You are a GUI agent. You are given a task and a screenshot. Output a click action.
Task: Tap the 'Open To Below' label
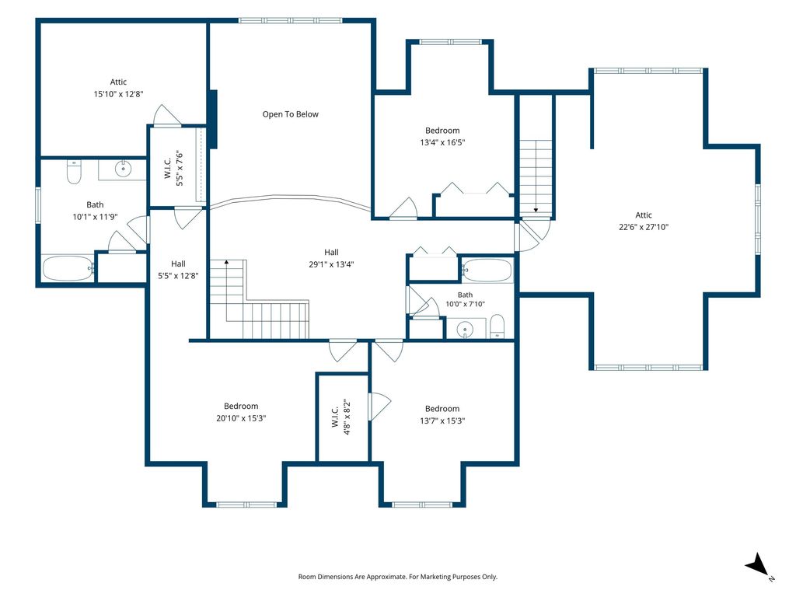291,114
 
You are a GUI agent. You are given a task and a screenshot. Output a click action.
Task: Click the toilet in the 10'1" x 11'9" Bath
74,172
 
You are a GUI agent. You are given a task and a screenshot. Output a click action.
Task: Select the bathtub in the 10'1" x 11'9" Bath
68,268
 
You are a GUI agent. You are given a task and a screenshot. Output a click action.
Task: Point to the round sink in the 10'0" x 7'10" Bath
465,330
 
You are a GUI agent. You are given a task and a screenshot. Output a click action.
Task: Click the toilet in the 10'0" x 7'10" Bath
497,326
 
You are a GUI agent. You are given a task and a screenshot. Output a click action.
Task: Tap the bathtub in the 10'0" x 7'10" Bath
487,271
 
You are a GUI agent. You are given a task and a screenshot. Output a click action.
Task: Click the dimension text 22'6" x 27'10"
644,227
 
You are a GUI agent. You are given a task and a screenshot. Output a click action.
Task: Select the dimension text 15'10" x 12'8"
118,94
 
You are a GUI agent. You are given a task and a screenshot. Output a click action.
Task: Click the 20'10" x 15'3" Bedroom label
241,412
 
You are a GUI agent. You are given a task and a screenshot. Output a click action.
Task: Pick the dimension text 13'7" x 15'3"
442,421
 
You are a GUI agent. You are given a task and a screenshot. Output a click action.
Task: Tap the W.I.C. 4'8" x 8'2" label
340,417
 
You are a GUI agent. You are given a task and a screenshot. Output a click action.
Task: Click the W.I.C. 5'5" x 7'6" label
173,168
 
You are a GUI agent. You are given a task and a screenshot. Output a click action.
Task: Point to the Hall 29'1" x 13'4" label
331,258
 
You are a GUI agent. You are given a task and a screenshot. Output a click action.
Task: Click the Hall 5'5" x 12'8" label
178,270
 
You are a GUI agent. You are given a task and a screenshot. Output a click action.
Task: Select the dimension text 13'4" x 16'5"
442,142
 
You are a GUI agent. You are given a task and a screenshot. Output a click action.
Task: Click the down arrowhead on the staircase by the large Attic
536,210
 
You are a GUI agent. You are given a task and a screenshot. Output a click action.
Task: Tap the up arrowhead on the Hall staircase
226,263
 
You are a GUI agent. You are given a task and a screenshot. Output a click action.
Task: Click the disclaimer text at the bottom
397,577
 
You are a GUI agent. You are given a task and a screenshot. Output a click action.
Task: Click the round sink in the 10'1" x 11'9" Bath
123,168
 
